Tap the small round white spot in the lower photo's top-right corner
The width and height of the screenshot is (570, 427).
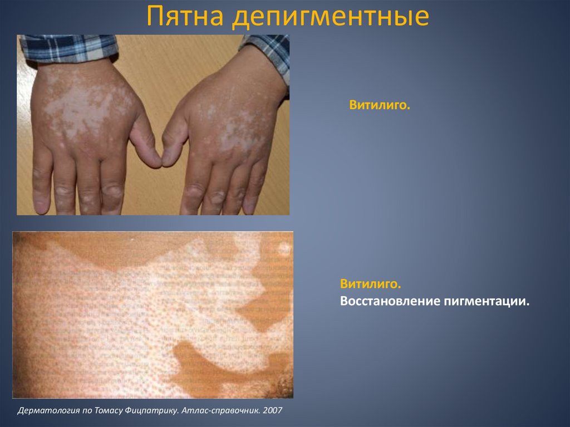click(x=284, y=247)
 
